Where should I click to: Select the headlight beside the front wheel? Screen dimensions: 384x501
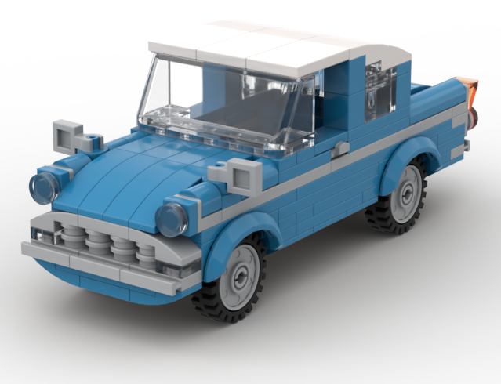[x=171, y=219]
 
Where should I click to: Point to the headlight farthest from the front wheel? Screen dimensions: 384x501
[x=44, y=187]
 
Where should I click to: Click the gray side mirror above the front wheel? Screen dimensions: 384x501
[x=234, y=174]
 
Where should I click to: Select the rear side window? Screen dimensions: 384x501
[x=379, y=91]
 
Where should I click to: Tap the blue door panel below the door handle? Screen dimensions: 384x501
[x=329, y=188]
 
